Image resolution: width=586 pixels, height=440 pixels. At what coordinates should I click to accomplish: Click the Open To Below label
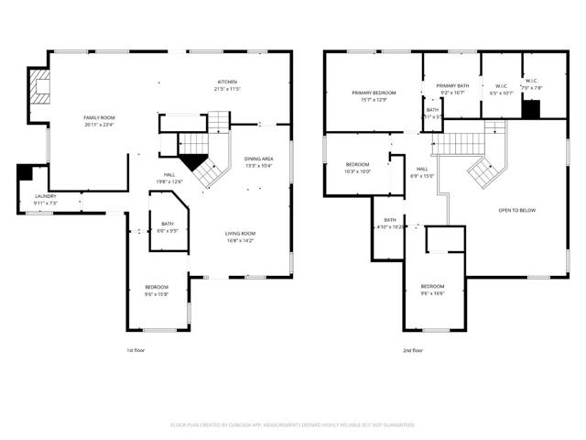516,211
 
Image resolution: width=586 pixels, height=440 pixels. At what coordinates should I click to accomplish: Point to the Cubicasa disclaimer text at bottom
293,425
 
